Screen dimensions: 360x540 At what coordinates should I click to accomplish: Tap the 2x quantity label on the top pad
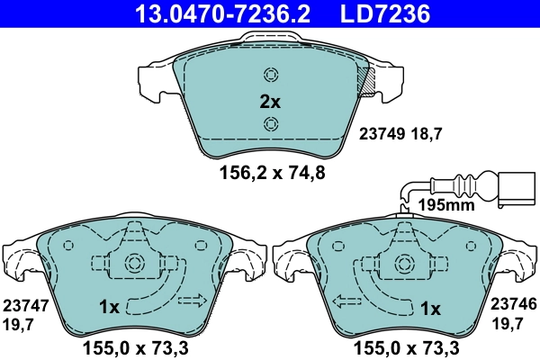coord(270,102)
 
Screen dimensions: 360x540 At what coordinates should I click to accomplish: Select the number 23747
coord(24,306)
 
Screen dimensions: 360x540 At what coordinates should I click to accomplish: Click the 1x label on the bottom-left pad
coord(109,308)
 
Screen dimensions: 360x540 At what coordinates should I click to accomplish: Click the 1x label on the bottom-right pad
coord(430,309)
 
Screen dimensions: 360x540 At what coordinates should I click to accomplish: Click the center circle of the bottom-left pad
coord(135,264)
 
